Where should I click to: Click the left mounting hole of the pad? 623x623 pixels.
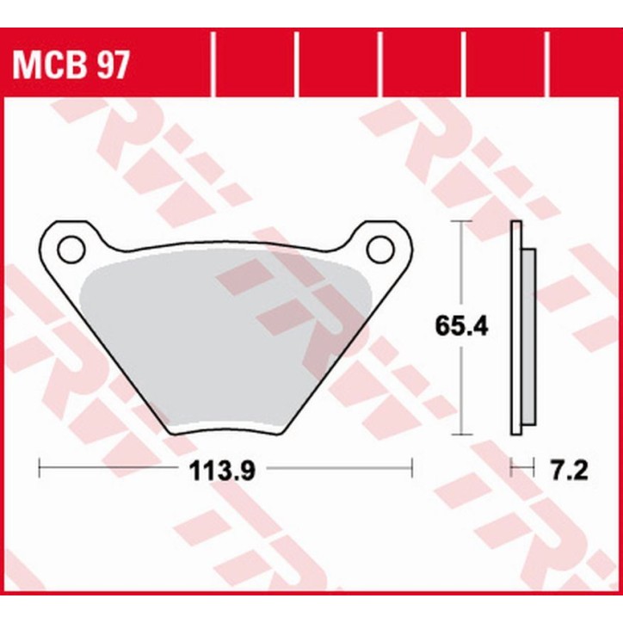click(71, 250)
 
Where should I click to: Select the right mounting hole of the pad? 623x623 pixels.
click(379, 250)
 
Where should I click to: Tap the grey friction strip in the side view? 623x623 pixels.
click(528, 336)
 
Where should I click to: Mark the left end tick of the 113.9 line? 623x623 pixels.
click(40, 469)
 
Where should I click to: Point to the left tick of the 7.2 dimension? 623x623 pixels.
click(511, 469)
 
